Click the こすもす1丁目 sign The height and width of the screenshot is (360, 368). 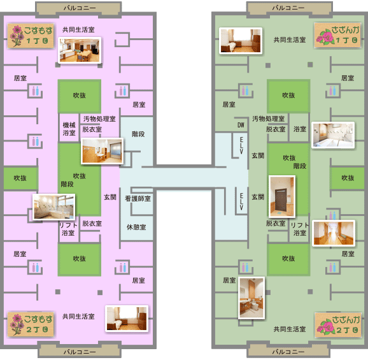coord(31,36)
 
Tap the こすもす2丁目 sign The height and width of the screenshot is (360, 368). coord(31,324)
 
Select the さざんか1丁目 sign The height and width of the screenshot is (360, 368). coord(337,35)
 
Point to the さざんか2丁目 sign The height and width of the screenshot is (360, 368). coord(337,325)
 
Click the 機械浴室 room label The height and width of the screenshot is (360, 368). coord(69,129)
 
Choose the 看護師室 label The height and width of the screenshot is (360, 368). coord(138,199)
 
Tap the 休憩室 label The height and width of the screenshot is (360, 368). coord(136,227)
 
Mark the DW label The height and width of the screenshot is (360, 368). coord(241,125)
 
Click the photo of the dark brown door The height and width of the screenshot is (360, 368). coord(282,196)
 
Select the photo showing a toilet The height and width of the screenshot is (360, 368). coord(251,298)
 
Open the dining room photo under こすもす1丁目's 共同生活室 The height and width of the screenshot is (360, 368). coord(80,50)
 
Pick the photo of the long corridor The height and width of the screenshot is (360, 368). coord(334,233)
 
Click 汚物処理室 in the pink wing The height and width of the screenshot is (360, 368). coord(99,119)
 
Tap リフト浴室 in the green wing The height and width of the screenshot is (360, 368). coord(300,229)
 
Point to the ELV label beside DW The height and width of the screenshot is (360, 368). coord(241,145)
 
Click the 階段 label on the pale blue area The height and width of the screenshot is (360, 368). coord(138,134)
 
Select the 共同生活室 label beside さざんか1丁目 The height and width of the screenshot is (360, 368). coord(290,40)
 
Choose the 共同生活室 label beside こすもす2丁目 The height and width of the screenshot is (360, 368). coord(78,317)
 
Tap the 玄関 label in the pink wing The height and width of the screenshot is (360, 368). coord(110,198)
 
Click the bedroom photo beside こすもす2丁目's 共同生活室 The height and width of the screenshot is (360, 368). coord(127,319)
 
